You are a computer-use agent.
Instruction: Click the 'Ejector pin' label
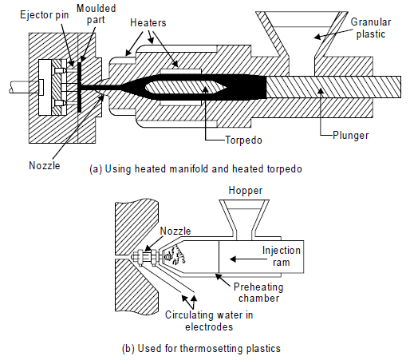point(45,14)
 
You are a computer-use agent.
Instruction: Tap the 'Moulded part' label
point(96,14)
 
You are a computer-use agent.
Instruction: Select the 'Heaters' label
point(148,22)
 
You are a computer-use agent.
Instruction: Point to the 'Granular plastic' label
point(371,28)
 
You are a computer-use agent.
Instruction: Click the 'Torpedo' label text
point(243,140)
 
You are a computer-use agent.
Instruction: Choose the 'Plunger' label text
point(351,135)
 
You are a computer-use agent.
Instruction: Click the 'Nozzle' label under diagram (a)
point(45,165)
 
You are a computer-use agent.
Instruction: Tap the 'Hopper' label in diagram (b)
point(246,191)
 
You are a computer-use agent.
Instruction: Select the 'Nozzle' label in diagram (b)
point(175,231)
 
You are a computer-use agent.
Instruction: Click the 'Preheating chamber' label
point(258,293)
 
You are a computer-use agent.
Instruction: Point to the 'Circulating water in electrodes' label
point(209,321)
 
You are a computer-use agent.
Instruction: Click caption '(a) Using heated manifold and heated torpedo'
point(195,169)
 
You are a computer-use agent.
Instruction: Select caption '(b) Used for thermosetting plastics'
point(201,348)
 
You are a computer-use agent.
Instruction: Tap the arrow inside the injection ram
point(248,259)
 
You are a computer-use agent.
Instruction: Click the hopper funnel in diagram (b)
point(244,218)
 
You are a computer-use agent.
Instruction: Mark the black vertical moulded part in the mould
point(79,85)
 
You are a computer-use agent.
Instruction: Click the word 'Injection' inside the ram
point(282,251)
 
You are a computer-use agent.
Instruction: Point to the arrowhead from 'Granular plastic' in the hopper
point(317,37)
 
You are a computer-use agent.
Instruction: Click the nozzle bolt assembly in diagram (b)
point(146,257)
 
